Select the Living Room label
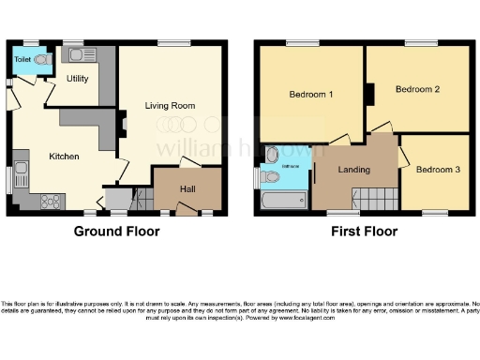[170, 106]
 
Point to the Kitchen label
[64, 156]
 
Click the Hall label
[187, 188]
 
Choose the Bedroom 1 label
[310, 95]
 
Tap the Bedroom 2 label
[417, 90]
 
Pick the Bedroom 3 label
[438, 170]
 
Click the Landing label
[353, 170]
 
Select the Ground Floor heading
[117, 231]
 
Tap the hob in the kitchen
[51, 200]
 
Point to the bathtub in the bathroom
[284, 200]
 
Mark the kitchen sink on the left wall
[21, 172]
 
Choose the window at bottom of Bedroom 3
[434, 213]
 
